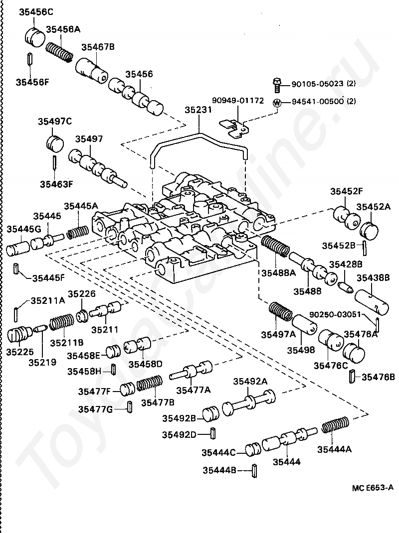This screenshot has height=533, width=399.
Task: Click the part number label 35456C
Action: (36, 11)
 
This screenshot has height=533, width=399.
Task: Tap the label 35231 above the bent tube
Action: (199, 110)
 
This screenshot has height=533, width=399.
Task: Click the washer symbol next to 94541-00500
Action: (276, 102)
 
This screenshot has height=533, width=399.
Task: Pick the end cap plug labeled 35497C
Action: (55, 141)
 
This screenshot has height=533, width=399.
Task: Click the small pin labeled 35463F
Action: (54, 162)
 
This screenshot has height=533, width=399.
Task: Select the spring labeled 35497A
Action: (281, 314)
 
